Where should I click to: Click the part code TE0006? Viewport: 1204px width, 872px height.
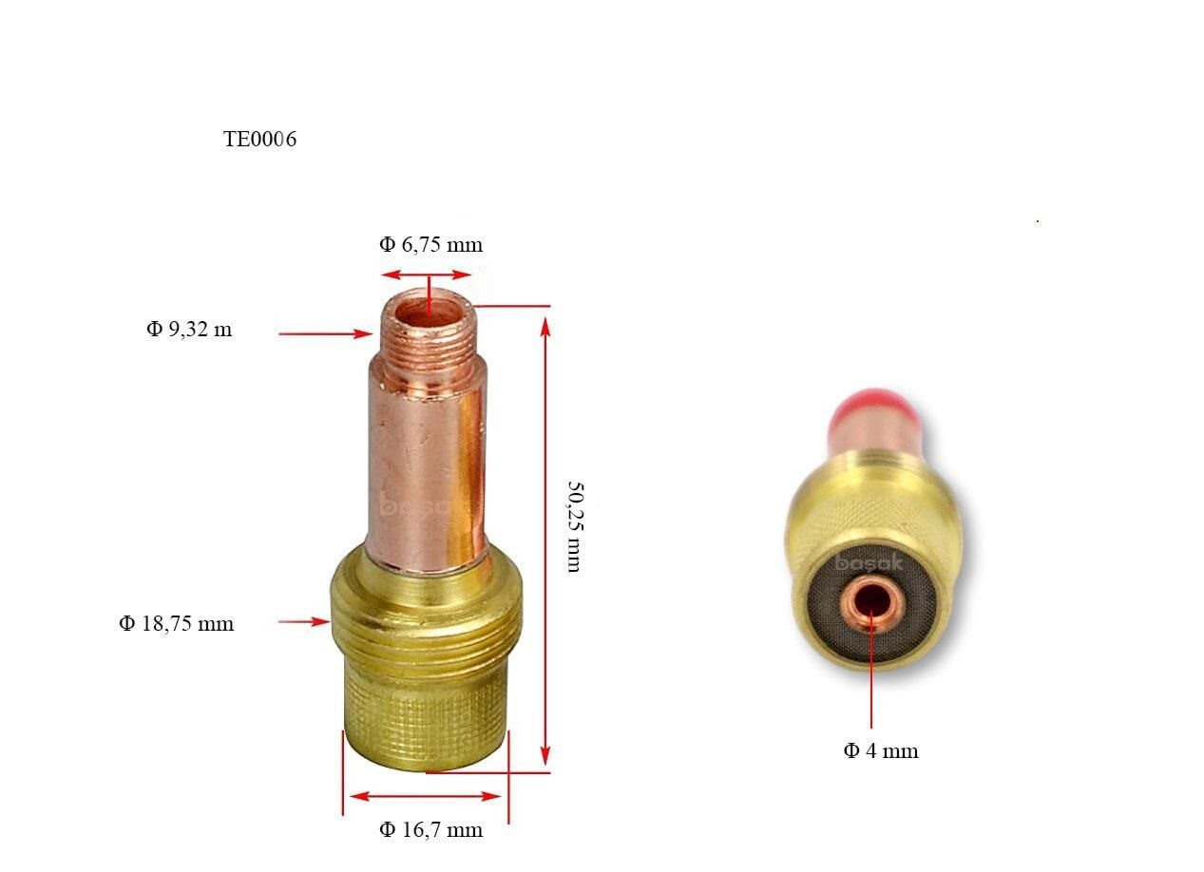click(x=259, y=140)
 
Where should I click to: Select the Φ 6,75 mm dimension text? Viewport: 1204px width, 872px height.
click(x=430, y=245)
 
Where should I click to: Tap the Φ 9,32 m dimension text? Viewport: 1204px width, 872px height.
click(x=189, y=330)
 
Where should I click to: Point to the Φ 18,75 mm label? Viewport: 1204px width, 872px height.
click(x=176, y=624)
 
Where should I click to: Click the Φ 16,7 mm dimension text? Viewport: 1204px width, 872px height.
click(x=430, y=830)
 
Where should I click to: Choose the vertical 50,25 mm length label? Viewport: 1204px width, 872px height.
click(x=573, y=525)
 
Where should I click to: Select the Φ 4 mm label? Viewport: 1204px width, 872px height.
click(x=881, y=751)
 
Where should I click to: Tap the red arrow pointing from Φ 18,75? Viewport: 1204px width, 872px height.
click(x=303, y=622)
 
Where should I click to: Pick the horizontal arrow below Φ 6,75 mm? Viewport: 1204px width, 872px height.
click(x=427, y=275)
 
